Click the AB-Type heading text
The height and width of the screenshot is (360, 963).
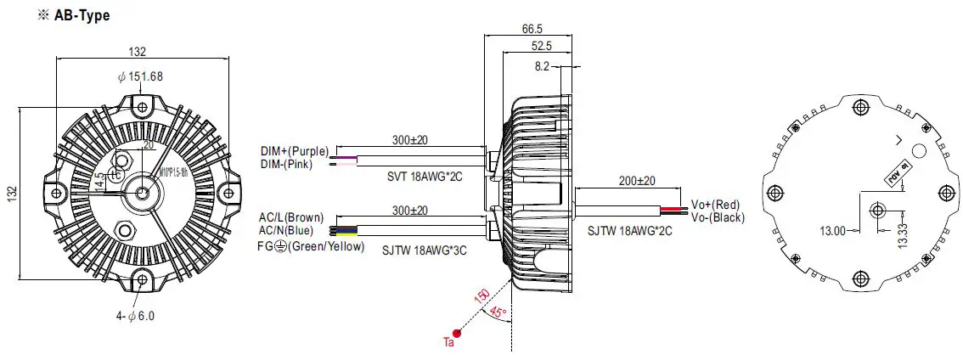(x=62, y=15)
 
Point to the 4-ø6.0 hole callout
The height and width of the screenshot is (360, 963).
(x=135, y=316)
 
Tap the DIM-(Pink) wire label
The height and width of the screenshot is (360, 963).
(x=286, y=164)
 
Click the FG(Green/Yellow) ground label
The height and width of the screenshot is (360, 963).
(x=312, y=247)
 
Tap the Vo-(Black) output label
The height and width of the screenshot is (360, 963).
(x=718, y=218)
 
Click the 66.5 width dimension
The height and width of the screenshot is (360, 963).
(x=532, y=27)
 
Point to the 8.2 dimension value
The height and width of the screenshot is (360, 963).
(x=543, y=65)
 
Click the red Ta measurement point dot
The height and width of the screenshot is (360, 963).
(x=457, y=332)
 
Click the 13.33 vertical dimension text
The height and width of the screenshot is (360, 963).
(x=902, y=229)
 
